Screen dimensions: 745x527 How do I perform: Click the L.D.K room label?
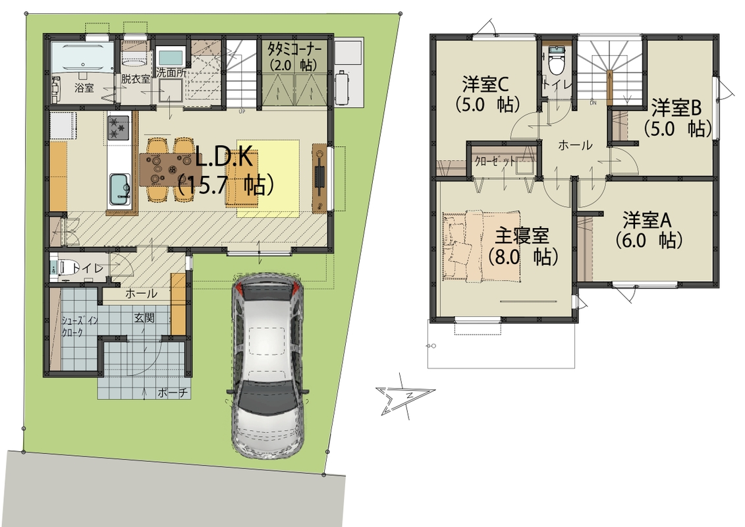click(223, 158)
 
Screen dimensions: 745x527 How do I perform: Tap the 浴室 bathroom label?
click(84, 88)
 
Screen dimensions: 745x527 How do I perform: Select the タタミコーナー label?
click(294, 49)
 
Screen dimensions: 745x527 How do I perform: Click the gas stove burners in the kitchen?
click(119, 127)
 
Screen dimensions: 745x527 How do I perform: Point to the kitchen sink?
click(120, 189)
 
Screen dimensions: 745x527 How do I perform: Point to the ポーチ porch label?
click(173, 393)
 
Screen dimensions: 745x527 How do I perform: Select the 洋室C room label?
click(486, 85)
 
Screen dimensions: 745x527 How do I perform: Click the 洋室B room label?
click(676, 108)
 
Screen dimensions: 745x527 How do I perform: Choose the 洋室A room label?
click(647, 220)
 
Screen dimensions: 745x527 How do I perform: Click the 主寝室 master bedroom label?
click(522, 235)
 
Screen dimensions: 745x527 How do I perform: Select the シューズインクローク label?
click(80, 327)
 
